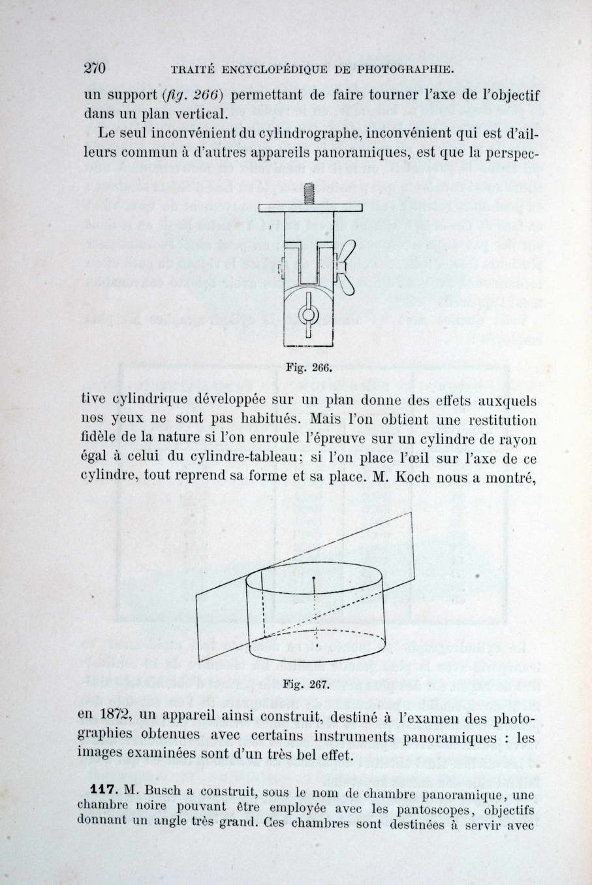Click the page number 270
click(95, 68)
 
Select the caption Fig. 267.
click(302, 684)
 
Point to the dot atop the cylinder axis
click(315, 579)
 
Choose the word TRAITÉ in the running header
click(191, 69)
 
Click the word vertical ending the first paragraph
click(194, 115)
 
